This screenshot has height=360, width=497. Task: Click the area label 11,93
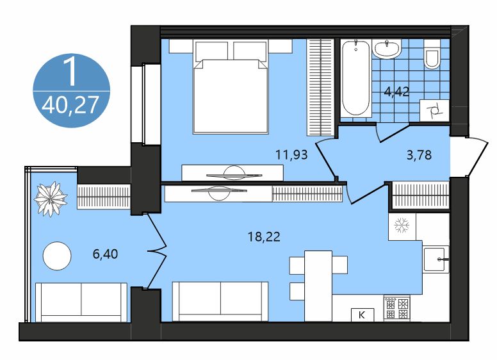tap(291, 154)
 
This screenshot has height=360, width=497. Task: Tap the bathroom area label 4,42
tap(396, 92)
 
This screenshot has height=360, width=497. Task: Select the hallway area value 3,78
tap(419, 154)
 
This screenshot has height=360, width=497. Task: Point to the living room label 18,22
tap(264, 236)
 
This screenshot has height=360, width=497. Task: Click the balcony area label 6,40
tap(105, 254)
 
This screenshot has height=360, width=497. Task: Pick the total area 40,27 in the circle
tap(70, 105)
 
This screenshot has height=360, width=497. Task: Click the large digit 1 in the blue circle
tap(70, 72)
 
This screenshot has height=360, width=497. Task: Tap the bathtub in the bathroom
tap(355, 78)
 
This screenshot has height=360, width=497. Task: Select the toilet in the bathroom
tap(432, 54)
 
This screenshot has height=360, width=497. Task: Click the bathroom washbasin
tap(387, 49)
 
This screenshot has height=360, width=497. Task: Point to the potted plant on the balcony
tap(51, 199)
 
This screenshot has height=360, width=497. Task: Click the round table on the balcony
tap(57, 256)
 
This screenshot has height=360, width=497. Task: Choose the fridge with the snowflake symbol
tap(402, 226)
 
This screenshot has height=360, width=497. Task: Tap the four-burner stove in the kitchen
tap(397, 308)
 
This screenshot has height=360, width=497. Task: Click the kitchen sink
tap(436, 259)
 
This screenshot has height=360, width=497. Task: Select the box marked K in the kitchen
tap(363, 315)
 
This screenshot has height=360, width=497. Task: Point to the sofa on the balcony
tap(81, 302)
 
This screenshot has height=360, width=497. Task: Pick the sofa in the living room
tap(220, 301)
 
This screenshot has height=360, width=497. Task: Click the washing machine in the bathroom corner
tap(434, 110)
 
